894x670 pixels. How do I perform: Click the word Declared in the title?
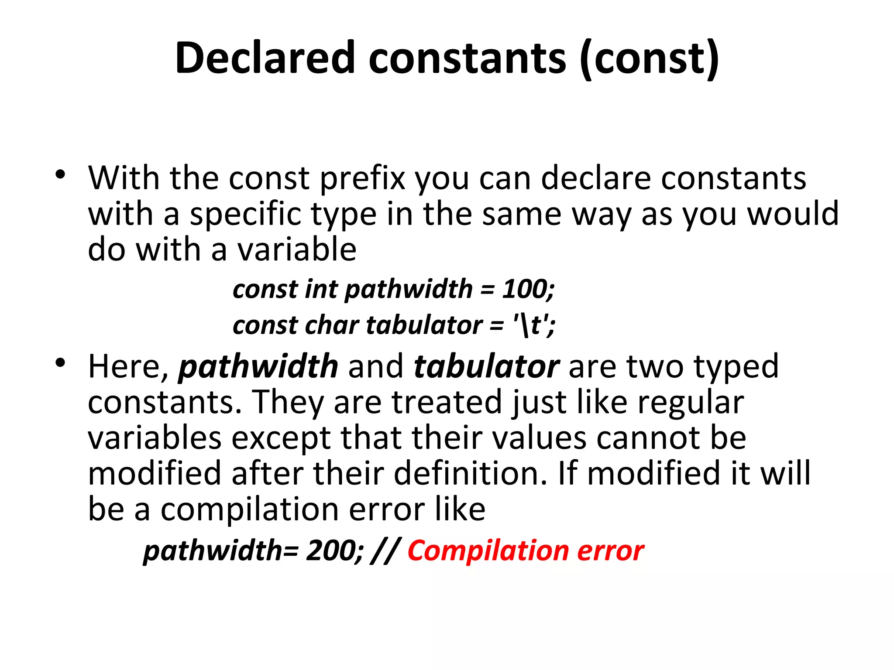[x=265, y=58]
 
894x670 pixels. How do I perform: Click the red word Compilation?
[x=488, y=550]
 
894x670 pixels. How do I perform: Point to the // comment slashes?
[x=384, y=550]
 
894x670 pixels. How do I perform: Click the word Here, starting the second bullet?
[x=128, y=366]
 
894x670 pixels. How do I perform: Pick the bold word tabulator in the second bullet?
[x=486, y=366]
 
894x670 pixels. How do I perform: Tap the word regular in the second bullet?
[x=691, y=403]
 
